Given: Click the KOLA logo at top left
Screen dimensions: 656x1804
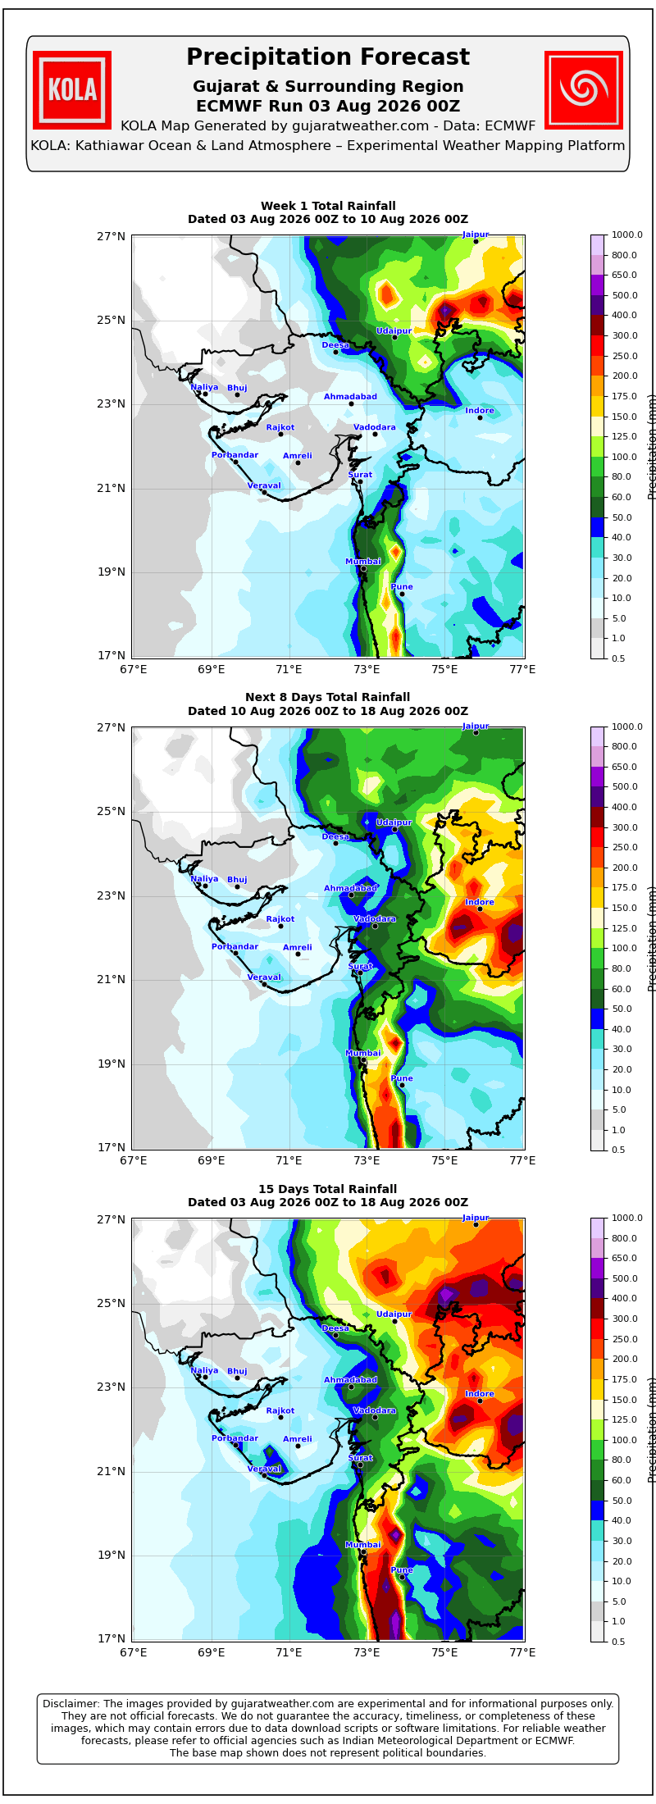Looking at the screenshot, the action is pyautogui.click(x=72, y=90).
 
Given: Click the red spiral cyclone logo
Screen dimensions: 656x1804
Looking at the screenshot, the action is pyautogui.click(x=584, y=90).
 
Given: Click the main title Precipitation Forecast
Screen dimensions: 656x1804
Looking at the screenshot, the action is pyautogui.click(x=328, y=57).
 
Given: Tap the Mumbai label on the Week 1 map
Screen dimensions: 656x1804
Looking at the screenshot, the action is pyautogui.click(x=363, y=562).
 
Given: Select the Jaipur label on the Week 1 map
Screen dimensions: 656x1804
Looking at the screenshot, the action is pyautogui.click(x=476, y=235).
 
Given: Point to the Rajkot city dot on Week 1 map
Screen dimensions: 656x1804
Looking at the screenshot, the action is pyautogui.click(x=280, y=434).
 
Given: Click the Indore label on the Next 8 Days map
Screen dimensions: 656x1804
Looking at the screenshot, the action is pyautogui.click(x=480, y=902).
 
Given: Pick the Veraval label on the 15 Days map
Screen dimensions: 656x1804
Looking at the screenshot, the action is pyautogui.click(x=264, y=1469).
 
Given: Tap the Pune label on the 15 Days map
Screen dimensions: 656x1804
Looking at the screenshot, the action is pyautogui.click(x=402, y=1570).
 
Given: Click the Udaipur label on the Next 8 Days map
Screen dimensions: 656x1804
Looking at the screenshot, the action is pyautogui.click(x=394, y=822).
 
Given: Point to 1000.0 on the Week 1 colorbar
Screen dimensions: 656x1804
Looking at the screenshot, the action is pyautogui.click(x=623, y=235).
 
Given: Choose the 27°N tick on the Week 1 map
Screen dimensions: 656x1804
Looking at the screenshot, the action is pyautogui.click(x=111, y=236).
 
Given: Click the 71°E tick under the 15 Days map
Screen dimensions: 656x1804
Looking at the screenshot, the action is pyautogui.click(x=289, y=1652).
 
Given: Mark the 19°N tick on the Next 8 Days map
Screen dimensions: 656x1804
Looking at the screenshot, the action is pyautogui.click(x=111, y=1064).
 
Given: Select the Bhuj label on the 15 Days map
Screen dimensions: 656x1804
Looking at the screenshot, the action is pyautogui.click(x=237, y=1371).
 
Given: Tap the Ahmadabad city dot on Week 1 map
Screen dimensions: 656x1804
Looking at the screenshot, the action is pyautogui.click(x=351, y=403).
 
